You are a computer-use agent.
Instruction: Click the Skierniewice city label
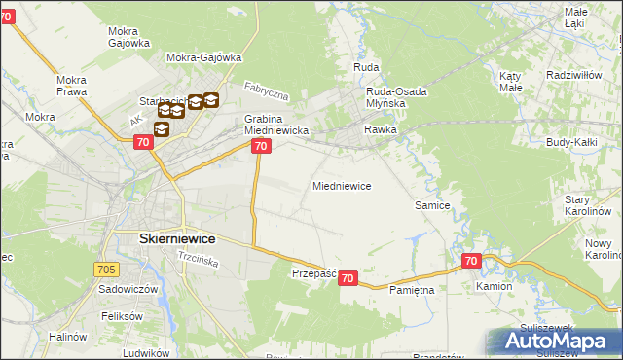tap(165, 238)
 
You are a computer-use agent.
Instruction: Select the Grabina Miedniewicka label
tap(276, 124)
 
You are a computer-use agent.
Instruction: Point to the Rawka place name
tap(381, 129)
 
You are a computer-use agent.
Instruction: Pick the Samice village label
tap(432, 205)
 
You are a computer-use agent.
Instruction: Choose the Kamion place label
tap(494, 288)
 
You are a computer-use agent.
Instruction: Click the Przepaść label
tap(313, 274)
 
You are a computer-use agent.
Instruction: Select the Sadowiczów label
tap(128, 290)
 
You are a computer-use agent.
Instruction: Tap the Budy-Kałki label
tap(571, 143)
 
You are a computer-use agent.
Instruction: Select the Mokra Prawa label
tap(72, 86)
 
